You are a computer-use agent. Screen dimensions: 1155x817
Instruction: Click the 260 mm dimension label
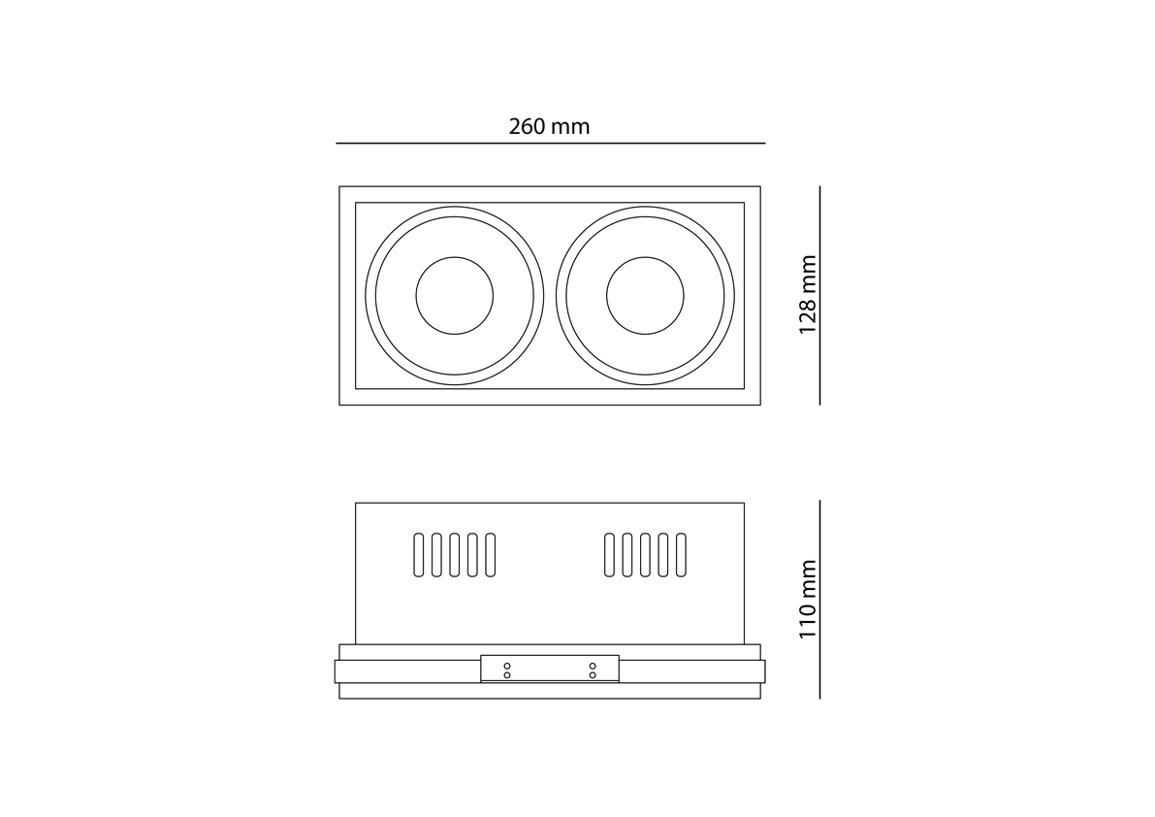pos(549,127)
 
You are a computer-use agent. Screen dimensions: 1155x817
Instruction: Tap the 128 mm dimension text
pos(808,295)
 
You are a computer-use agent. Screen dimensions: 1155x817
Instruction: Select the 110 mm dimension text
pos(808,599)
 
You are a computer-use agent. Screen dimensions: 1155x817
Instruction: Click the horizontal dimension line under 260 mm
pos(550,143)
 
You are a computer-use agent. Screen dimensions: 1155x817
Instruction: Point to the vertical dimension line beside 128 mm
pos(819,295)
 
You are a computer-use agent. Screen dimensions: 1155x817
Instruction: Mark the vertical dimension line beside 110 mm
pos(819,599)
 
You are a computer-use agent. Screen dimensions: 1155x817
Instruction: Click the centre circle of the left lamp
pos(455,295)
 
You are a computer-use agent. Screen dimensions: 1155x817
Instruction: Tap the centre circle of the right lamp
pos(645,295)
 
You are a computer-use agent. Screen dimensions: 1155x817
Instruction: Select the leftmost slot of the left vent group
pos(418,555)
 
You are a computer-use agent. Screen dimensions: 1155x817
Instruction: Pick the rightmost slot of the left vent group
pos(491,555)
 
